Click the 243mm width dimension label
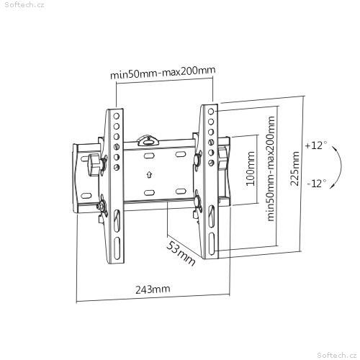(x=153, y=289)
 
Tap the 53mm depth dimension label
(x=181, y=253)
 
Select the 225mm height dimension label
(x=294, y=168)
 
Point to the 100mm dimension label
(x=251, y=168)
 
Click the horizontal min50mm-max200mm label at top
(x=163, y=72)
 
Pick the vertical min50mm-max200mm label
(x=271, y=168)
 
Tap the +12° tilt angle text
(x=316, y=145)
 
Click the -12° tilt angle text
(x=317, y=184)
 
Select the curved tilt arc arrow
(x=341, y=166)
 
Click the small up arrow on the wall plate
(x=149, y=174)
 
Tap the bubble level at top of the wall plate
(x=148, y=141)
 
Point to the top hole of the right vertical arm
(x=211, y=112)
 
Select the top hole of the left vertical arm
(x=117, y=116)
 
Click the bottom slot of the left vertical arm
(x=117, y=248)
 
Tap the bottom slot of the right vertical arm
(x=212, y=244)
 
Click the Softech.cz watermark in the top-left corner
(x=24, y=5)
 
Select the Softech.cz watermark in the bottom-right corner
(x=337, y=355)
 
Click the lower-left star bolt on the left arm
(x=102, y=206)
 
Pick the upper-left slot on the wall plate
(x=149, y=156)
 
